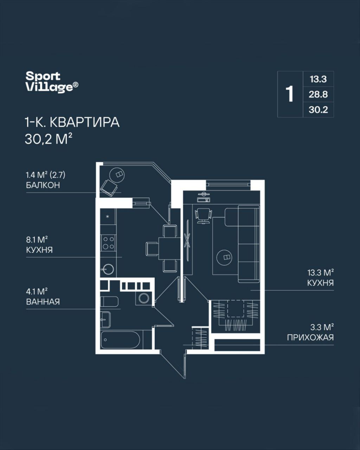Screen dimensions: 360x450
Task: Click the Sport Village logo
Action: [52, 82]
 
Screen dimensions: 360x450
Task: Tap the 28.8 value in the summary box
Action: [318, 95]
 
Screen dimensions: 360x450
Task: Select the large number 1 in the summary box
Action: [290, 94]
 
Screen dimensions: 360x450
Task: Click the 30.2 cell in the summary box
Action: [318, 110]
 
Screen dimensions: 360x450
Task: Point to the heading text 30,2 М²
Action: [49, 139]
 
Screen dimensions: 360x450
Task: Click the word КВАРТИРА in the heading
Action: [85, 122]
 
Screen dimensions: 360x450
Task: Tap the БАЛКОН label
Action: [43, 185]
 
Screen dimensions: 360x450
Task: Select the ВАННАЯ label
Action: [43, 302]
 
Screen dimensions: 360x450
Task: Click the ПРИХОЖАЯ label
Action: [310, 338]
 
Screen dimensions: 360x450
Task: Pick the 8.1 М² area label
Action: [37, 240]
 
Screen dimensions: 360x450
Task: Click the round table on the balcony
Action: [117, 175]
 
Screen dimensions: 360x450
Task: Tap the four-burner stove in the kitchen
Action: [108, 243]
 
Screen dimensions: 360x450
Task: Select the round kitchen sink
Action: [108, 270]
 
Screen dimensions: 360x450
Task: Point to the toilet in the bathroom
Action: [109, 301]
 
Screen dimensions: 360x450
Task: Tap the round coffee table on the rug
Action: [224, 257]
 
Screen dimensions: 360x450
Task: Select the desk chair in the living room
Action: [204, 216]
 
